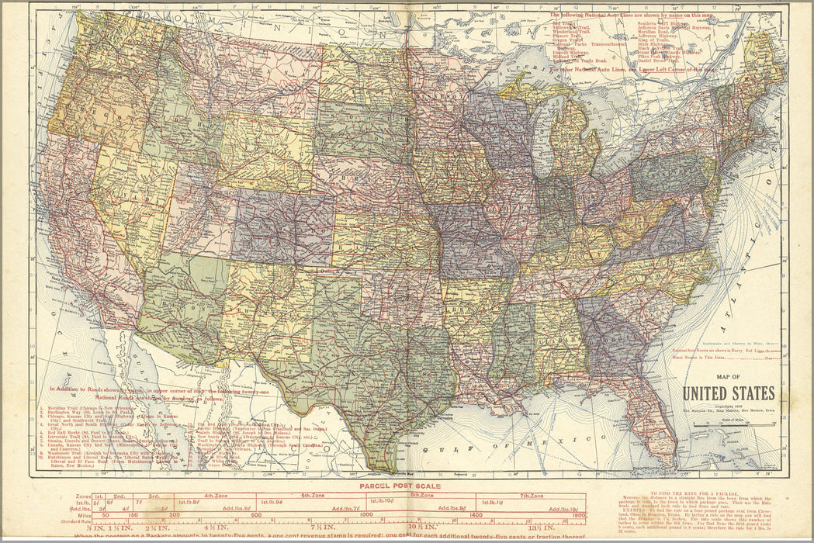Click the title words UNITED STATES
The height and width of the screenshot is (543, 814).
pos(728,393)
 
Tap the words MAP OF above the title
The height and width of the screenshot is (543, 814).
pos(728,378)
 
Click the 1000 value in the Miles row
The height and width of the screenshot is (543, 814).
pos(367,514)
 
